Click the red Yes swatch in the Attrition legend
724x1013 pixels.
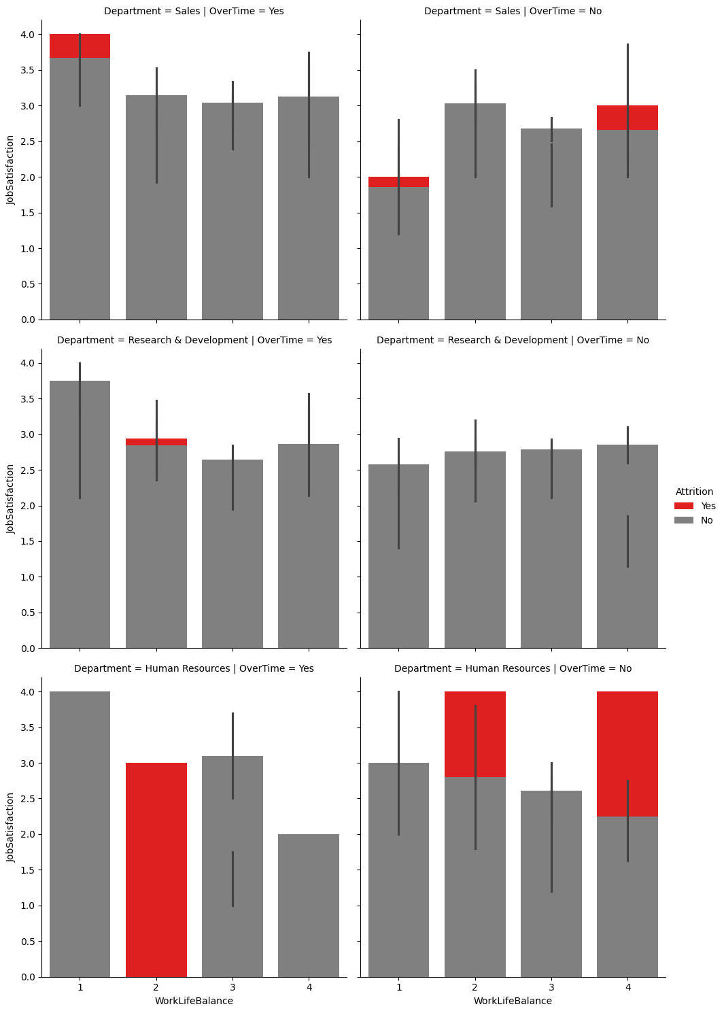coord(684,506)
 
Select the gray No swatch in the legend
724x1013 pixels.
coord(684,520)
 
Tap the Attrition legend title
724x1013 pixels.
coord(694,492)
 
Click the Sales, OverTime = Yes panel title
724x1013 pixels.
coord(194,12)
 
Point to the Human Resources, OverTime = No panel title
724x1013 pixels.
coord(513,668)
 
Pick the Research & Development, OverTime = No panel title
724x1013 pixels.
coord(513,340)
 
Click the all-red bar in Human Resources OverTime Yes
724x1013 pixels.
coord(156,870)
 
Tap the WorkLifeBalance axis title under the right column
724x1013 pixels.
coord(513,1001)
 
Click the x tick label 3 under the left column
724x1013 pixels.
coord(232,987)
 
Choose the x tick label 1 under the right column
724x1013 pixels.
coord(398,987)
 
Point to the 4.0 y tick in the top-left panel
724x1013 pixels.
coord(29,35)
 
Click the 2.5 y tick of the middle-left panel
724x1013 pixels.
coord(29,470)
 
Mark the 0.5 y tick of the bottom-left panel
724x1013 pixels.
coord(29,942)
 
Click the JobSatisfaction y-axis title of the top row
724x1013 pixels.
coord(10,170)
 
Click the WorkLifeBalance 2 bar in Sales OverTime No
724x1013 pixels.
coord(475,211)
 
